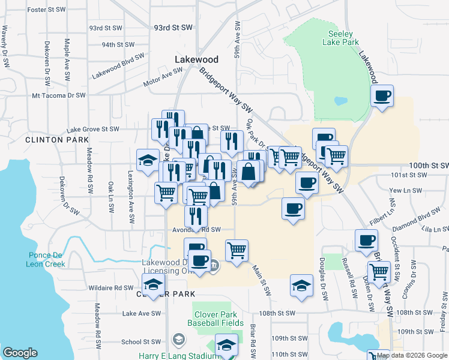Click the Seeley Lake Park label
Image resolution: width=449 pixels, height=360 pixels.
tap(343, 38)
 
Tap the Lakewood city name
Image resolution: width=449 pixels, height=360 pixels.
tap(196, 60)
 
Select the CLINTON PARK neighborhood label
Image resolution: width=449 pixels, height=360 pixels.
tap(53, 139)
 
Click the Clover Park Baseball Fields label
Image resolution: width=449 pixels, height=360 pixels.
tap(215, 319)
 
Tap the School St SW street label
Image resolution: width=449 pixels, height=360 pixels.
tap(139, 341)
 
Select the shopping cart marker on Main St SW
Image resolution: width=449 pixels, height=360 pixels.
tap(237, 250)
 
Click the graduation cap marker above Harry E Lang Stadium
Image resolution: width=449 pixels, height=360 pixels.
tap(226, 345)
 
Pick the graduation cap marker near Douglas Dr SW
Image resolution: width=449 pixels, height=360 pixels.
tap(301, 284)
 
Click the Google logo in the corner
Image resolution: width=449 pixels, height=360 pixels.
tap(20, 353)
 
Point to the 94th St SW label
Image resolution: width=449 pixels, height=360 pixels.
tap(117, 44)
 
